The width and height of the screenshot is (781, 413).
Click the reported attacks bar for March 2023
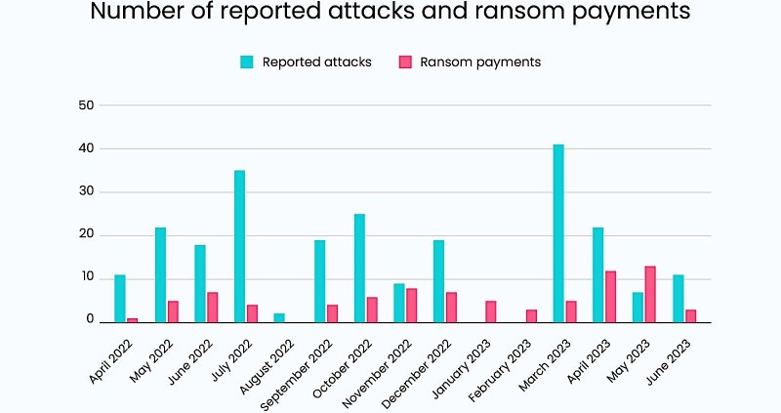(558, 233)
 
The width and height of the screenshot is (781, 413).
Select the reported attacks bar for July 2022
(239, 246)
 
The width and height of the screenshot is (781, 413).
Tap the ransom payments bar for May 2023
(650, 294)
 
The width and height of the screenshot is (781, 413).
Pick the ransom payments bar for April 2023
(610, 296)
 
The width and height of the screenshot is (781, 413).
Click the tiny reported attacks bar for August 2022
(279, 317)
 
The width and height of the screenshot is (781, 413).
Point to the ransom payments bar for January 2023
(490, 311)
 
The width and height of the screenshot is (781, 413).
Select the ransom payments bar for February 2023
(530, 315)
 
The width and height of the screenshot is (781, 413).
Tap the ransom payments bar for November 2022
(411, 305)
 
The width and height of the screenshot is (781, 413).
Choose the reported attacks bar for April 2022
(120, 298)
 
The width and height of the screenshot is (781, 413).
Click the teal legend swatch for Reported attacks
(247, 62)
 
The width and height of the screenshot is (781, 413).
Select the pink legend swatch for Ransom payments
(405, 62)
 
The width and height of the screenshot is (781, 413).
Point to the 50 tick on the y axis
(87, 104)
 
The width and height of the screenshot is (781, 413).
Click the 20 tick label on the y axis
(87, 234)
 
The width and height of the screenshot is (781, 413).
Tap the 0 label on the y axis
(90, 320)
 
